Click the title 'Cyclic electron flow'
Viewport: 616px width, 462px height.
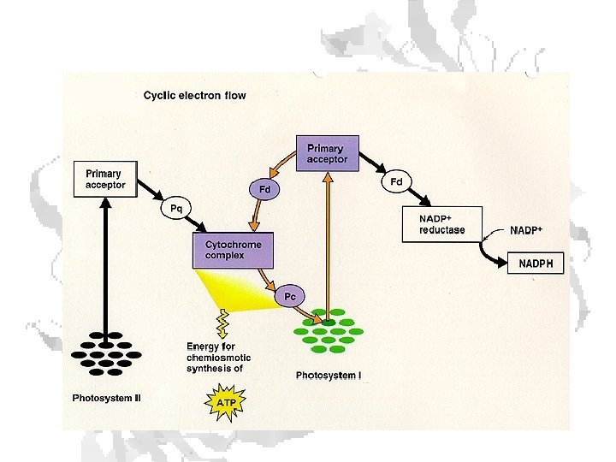click(194, 95)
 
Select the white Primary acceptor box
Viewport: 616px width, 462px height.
click(105, 179)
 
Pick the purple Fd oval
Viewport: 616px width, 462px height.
click(265, 188)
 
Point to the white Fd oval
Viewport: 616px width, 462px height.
click(396, 181)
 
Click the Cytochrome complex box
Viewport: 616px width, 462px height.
click(234, 249)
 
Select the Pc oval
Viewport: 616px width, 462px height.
click(290, 296)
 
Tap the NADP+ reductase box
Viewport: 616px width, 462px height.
click(443, 224)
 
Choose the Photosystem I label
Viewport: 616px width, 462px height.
click(329, 376)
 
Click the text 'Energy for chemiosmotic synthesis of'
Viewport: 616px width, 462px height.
click(219, 357)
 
